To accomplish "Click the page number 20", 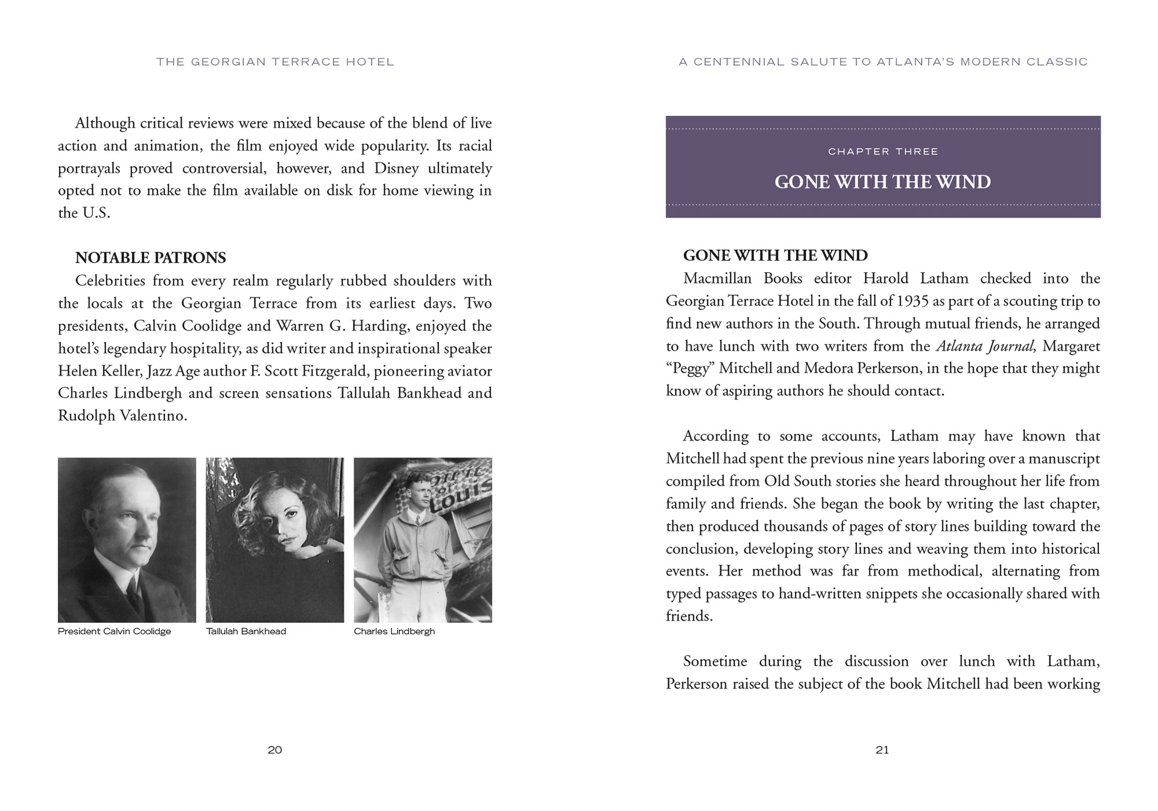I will [x=275, y=750].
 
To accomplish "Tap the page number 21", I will [x=882, y=750].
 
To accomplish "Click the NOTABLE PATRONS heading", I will [x=150, y=258].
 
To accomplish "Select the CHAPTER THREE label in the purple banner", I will [x=883, y=151].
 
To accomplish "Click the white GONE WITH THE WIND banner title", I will [x=882, y=182].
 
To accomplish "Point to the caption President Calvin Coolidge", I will [x=115, y=631].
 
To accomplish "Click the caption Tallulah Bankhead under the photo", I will [x=246, y=631].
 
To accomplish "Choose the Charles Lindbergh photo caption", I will [x=394, y=631].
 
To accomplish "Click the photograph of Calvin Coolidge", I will [x=127, y=539].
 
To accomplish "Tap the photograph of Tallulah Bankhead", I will [x=275, y=539].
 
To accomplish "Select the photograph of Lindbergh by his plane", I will [x=423, y=539].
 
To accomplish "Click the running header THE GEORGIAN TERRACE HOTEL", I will [x=275, y=62].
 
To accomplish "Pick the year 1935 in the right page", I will [x=913, y=301].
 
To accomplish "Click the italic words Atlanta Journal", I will [x=985, y=346].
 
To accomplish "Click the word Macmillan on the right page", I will [x=717, y=279].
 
